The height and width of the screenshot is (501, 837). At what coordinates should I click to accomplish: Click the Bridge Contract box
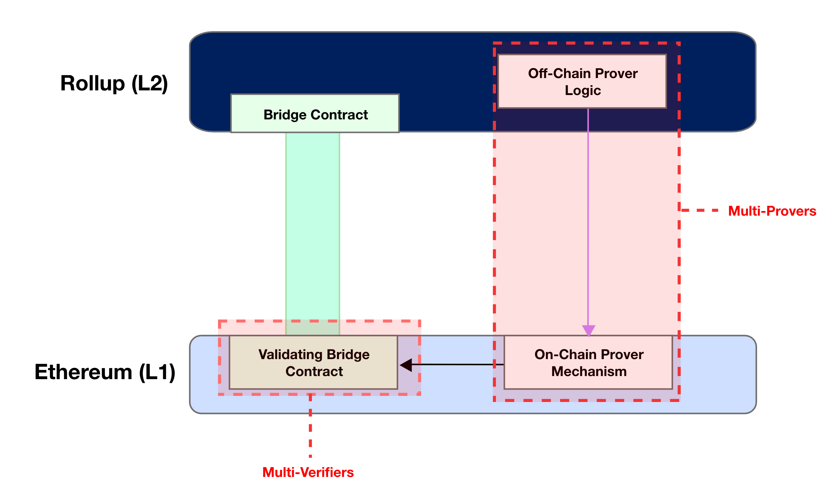coord(315,114)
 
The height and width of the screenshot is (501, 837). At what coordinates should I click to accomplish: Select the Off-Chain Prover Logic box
coord(582,81)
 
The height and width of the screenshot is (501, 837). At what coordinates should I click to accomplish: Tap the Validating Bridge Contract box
coord(314,362)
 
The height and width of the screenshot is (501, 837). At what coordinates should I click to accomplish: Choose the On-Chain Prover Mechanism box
coord(588,362)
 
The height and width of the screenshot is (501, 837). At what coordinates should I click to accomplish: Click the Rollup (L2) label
coord(114,83)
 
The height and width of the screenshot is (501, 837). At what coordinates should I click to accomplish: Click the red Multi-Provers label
coord(772,211)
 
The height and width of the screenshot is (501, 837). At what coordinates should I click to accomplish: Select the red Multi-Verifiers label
coord(308,472)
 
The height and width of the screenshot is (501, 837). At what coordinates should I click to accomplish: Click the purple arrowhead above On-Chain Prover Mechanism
coord(588,330)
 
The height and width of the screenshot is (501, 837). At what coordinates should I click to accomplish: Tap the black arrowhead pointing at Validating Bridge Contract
coord(406,365)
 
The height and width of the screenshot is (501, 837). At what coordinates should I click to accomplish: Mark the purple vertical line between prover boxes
coord(588,216)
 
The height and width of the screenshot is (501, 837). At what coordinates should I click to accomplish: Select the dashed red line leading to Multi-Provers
coord(701,210)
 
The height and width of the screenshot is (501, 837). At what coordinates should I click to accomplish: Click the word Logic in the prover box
coord(583,90)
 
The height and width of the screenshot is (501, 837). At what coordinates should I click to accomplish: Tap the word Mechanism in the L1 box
coord(589,371)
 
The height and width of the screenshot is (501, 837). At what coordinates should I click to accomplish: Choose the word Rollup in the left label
coord(92,83)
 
